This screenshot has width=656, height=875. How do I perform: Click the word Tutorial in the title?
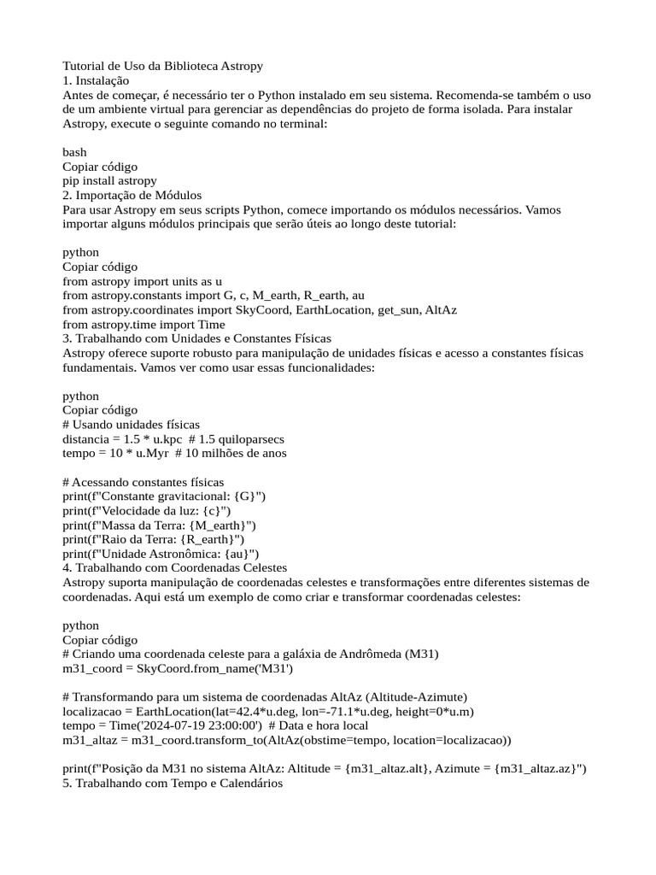tap(83, 66)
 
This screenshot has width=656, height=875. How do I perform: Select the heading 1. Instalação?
tap(96, 79)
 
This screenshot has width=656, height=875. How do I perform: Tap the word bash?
tap(74, 152)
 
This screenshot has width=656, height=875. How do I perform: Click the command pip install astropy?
tap(109, 180)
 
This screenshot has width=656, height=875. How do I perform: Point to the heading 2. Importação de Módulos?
tap(132, 195)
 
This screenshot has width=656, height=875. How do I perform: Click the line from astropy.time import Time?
tap(143, 324)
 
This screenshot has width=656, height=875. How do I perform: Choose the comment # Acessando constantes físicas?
tap(143, 482)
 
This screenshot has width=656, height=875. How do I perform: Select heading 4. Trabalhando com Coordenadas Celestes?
tap(174, 567)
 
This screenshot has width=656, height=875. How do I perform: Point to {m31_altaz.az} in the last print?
tap(536, 768)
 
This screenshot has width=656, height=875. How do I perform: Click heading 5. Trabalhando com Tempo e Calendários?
tap(172, 783)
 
